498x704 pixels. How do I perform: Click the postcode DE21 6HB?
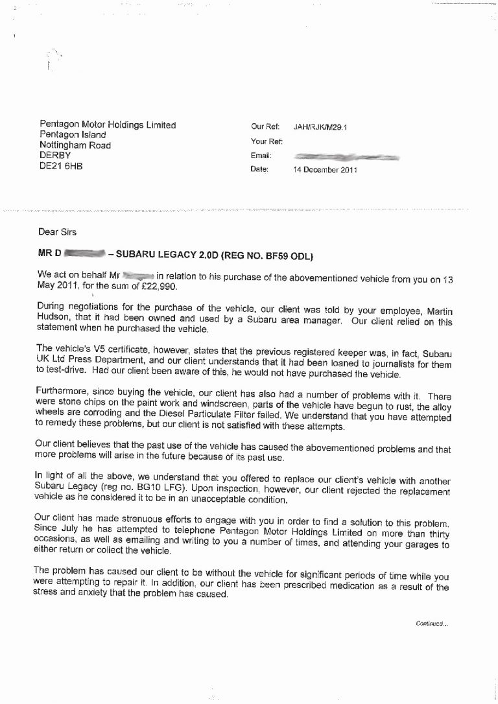[x=62, y=167]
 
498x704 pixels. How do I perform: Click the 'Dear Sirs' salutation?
[x=55, y=231]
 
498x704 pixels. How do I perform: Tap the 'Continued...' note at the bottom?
[x=430, y=624]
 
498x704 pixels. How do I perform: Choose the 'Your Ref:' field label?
[x=265, y=141]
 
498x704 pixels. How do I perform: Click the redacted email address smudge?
[x=346, y=157]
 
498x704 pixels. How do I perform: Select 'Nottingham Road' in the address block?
[x=75, y=146]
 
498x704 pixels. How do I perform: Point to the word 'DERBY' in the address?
[x=55, y=156]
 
